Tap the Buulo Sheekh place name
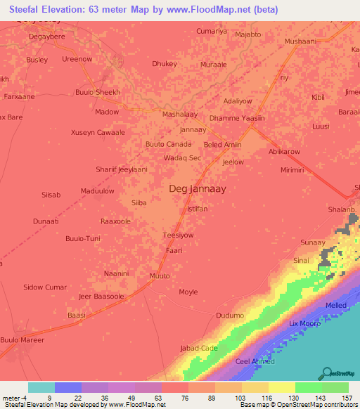click(x=98, y=92)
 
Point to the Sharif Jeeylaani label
click(x=121, y=169)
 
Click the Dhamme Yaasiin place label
click(x=237, y=118)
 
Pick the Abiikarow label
click(x=284, y=151)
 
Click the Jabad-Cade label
click(x=199, y=349)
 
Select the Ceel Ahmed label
click(x=254, y=361)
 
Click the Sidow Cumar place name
click(x=45, y=287)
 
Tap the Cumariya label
click(x=212, y=31)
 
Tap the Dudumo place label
click(x=230, y=316)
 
